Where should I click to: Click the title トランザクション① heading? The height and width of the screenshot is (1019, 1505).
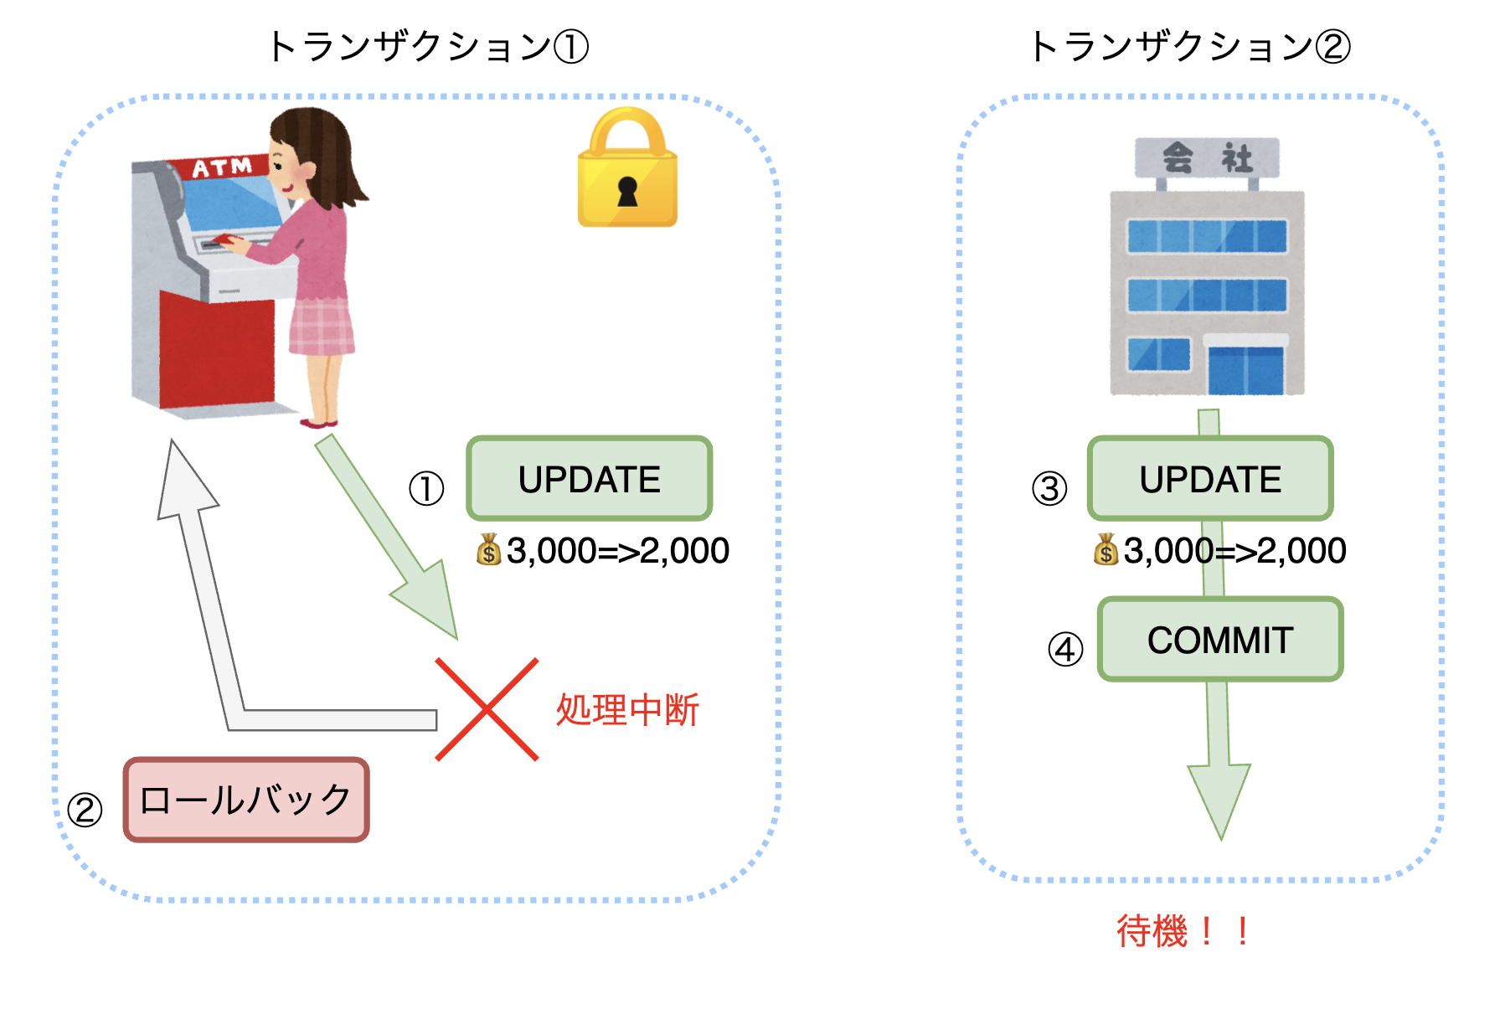point(427,46)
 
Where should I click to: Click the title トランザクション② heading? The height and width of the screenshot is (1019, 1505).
point(1189,46)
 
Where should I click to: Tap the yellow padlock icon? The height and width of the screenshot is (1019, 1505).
point(627,172)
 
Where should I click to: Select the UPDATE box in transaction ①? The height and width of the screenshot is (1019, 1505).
point(590,479)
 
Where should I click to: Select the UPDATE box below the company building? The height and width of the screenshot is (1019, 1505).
point(1210,479)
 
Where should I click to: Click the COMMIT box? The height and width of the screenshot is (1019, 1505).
point(1220,640)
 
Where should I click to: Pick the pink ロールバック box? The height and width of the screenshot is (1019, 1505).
point(246,800)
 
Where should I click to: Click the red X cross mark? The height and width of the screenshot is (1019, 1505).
point(487,709)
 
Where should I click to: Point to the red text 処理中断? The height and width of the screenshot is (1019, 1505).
point(627,710)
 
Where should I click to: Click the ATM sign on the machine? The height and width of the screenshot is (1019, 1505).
point(222,167)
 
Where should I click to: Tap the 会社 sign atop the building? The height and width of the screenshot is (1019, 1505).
point(1207,157)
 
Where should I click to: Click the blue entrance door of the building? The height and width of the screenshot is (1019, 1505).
point(1245,368)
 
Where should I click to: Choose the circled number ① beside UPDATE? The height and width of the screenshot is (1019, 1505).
point(426,489)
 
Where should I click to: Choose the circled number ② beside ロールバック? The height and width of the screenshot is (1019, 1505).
point(85,810)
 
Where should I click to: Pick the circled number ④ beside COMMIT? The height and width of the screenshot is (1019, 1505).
point(1065,649)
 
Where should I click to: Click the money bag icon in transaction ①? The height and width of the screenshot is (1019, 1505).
point(489,550)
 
